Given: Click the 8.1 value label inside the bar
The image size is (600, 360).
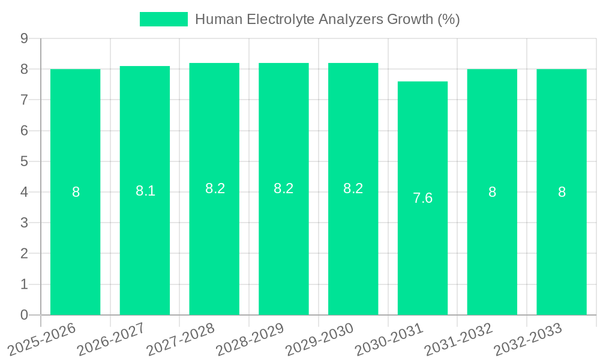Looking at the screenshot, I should pyautogui.click(x=145, y=191).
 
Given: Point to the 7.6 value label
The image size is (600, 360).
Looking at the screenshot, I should pyautogui.click(x=422, y=198).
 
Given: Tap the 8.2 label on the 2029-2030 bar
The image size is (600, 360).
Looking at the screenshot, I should pyautogui.click(x=353, y=188).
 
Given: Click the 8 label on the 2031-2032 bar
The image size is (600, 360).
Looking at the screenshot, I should pyautogui.click(x=492, y=192).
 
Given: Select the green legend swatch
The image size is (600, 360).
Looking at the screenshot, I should pyautogui.click(x=163, y=19).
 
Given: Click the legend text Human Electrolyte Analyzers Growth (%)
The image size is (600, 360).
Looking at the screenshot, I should pyautogui.click(x=328, y=19).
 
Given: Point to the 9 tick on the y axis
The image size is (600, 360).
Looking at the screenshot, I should pyautogui.click(x=24, y=38).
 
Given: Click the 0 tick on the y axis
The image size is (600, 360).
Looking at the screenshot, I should pyautogui.click(x=24, y=315).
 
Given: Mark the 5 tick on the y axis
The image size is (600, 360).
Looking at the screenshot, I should pyautogui.click(x=24, y=161).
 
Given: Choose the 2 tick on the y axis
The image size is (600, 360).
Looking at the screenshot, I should pyautogui.click(x=24, y=254).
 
